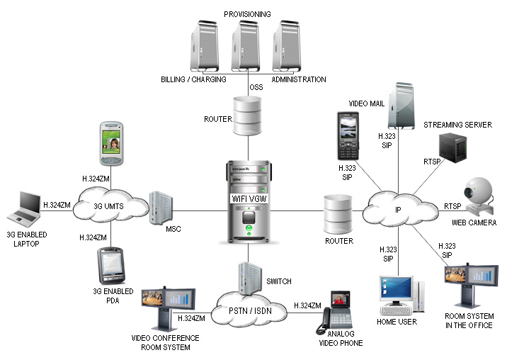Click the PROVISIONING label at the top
(247, 14)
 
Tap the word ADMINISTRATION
(299, 80)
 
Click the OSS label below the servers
(257, 87)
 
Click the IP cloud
(397, 209)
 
